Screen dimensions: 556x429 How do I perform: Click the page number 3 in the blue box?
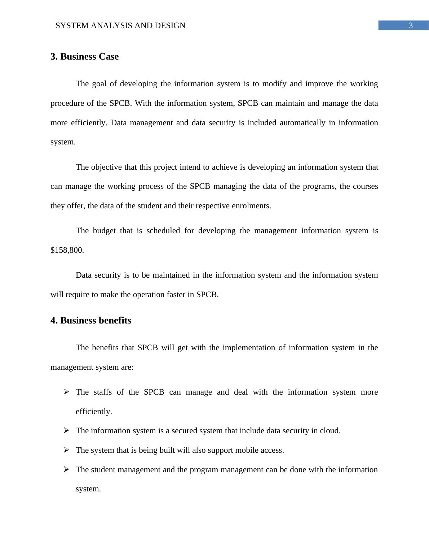pos(410,26)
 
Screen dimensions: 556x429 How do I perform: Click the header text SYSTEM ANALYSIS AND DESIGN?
pos(120,26)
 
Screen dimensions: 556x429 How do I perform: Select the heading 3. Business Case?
pos(84,57)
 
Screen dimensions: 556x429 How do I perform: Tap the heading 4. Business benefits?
pos(91,321)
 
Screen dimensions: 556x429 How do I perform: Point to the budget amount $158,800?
pos(67,250)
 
